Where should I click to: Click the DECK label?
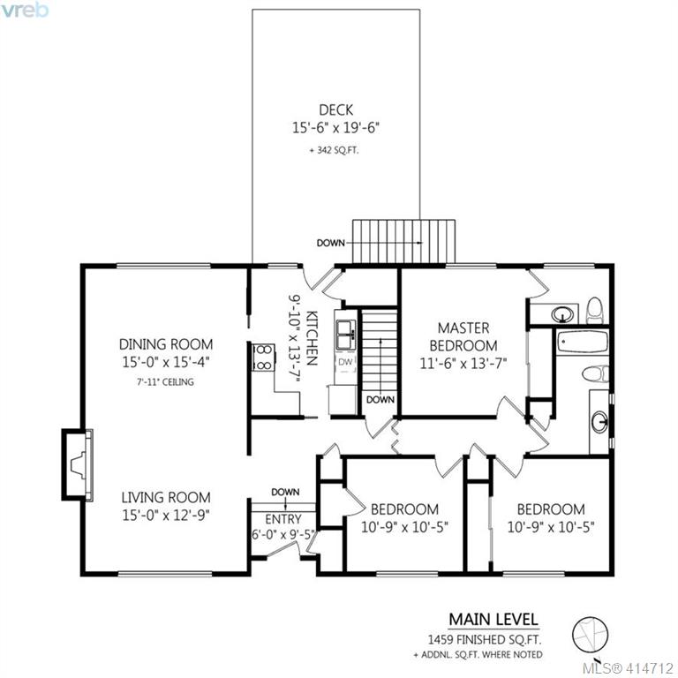tap(336, 109)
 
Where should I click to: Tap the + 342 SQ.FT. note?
tap(334, 150)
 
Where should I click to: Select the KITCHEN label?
tap(313, 338)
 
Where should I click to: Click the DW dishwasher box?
tap(345, 362)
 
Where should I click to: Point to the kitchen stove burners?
tap(263, 358)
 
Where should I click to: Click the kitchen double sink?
tap(346, 335)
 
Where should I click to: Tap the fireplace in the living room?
tap(77, 465)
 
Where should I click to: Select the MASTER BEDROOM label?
tap(463, 337)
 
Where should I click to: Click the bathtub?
tap(583, 342)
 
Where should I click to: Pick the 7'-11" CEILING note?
tap(166, 381)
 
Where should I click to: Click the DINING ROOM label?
tap(166, 344)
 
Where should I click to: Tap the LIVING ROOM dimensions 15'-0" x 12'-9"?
tap(166, 515)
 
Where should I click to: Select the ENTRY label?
tap(283, 518)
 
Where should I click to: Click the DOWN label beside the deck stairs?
tap(331, 243)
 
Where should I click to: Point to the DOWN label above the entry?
tap(285, 492)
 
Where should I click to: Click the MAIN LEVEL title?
tap(493, 619)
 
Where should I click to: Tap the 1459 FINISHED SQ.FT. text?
tap(485, 639)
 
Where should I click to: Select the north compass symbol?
tap(591, 635)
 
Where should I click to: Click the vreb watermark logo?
tap(24, 10)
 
